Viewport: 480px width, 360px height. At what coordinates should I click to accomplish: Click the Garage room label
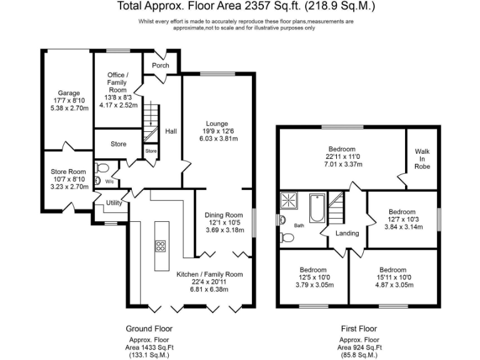pyautogui.click(x=65, y=92)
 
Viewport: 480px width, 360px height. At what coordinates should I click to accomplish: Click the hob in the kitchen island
pyautogui.click(x=159, y=245)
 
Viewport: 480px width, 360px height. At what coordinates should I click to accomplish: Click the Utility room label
pyautogui.click(x=114, y=202)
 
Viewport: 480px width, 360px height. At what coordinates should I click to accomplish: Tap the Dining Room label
pyautogui.click(x=224, y=215)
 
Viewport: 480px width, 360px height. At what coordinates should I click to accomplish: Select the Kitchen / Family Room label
pyautogui.click(x=209, y=274)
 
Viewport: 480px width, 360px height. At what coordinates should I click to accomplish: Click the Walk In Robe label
pyautogui.click(x=422, y=159)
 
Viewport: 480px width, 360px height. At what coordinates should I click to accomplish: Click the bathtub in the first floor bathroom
pyautogui.click(x=316, y=207)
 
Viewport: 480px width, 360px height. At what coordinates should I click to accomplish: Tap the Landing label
pyautogui.click(x=347, y=233)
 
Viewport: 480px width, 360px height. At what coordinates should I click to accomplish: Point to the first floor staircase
pyautogui.click(x=337, y=206)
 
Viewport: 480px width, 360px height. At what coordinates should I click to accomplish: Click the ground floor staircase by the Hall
pyautogui.click(x=150, y=122)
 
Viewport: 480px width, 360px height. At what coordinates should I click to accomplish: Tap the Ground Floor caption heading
pyautogui.click(x=149, y=328)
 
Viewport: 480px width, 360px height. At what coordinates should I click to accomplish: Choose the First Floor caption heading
pyautogui.click(x=359, y=328)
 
